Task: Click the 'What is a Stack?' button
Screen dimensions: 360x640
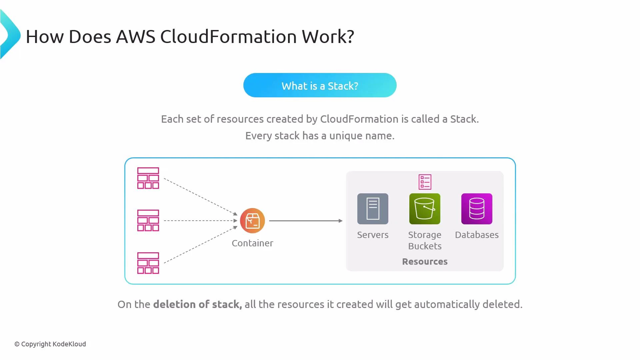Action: tap(320, 85)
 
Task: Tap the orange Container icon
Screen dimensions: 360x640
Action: tap(252, 221)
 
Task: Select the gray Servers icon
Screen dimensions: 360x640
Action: tap(373, 209)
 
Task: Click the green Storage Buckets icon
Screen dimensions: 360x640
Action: tap(425, 209)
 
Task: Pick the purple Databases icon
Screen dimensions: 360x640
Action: tap(477, 209)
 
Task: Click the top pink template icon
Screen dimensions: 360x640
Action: tap(148, 178)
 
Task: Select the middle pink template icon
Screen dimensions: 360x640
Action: tap(148, 220)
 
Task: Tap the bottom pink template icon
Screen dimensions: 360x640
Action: tap(148, 263)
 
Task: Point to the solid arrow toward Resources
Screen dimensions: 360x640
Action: tap(306, 221)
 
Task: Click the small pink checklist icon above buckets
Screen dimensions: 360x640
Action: tap(425, 182)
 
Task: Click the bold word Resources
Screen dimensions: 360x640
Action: tap(425, 262)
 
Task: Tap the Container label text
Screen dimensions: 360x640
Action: tap(252, 243)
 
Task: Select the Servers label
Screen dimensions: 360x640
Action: tap(373, 235)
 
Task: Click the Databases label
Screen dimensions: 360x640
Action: tap(477, 235)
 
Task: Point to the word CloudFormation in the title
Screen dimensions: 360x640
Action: tap(228, 37)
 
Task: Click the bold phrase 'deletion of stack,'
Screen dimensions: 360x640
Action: tap(197, 304)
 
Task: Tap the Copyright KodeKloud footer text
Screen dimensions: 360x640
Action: tap(50, 344)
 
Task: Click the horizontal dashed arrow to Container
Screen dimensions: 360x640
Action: tap(200, 221)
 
